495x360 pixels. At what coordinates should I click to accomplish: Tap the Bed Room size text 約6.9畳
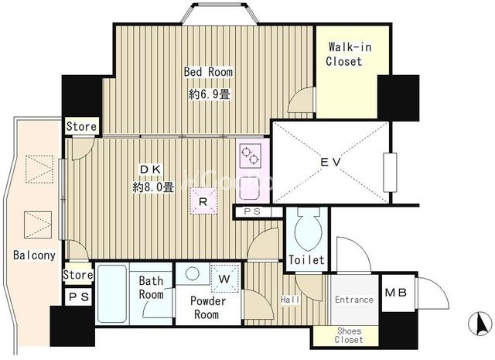pyautogui.click(x=210, y=94)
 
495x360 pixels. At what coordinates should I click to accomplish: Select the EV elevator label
pyautogui.click(x=330, y=162)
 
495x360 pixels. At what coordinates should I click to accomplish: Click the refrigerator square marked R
pyautogui.click(x=203, y=201)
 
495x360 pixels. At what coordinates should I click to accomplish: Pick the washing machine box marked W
pyautogui.click(x=224, y=279)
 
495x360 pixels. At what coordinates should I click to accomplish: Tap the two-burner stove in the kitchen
pyautogui.click(x=250, y=156)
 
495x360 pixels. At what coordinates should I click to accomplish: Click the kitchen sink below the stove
pyautogui.click(x=249, y=187)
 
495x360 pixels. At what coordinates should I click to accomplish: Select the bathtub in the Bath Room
pyautogui.click(x=112, y=293)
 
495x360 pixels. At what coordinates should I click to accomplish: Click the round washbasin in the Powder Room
pyautogui.click(x=193, y=273)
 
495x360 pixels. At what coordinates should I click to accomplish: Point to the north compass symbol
pyautogui.click(x=480, y=324)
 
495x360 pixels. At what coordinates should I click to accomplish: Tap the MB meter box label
pyautogui.click(x=395, y=293)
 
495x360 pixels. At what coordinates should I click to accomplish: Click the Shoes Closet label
pyautogui.click(x=349, y=335)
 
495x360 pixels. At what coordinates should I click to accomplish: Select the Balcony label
pyautogui.click(x=34, y=255)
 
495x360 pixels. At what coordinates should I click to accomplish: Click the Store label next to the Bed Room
pyautogui.click(x=81, y=126)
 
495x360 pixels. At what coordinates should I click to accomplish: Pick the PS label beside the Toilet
pyautogui.click(x=253, y=212)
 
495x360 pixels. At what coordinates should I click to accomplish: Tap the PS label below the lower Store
pyautogui.click(x=79, y=297)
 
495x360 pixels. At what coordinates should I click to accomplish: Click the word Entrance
pyautogui.click(x=354, y=300)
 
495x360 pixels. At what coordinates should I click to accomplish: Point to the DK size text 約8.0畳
pyautogui.click(x=153, y=188)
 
